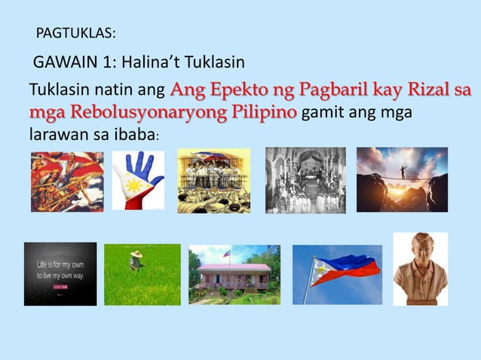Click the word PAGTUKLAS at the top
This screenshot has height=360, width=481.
(x=75, y=34)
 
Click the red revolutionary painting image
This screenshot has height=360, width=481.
(x=66, y=181)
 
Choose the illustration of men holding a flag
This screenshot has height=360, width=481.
(x=213, y=180)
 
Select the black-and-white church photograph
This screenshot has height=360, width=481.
(x=305, y=180)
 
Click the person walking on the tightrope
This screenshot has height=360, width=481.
(x=403, y=171)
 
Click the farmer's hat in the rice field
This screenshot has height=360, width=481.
(x=136, y=255)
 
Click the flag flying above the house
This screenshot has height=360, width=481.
(x=227, y=254)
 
